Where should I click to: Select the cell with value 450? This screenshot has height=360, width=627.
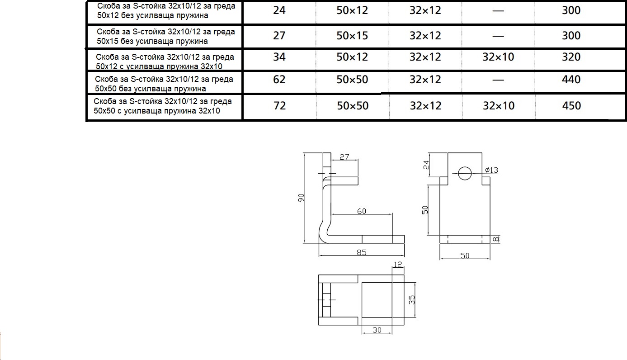click(x=571, y=106)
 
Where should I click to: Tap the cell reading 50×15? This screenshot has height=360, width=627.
click(x=352, y=36)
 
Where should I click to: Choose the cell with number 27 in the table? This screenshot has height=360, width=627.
click(x=279, y=36)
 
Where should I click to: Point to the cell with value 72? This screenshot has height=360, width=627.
click(x=279, y=106)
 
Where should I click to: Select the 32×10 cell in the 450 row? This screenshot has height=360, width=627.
click(x=499, y=106)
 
